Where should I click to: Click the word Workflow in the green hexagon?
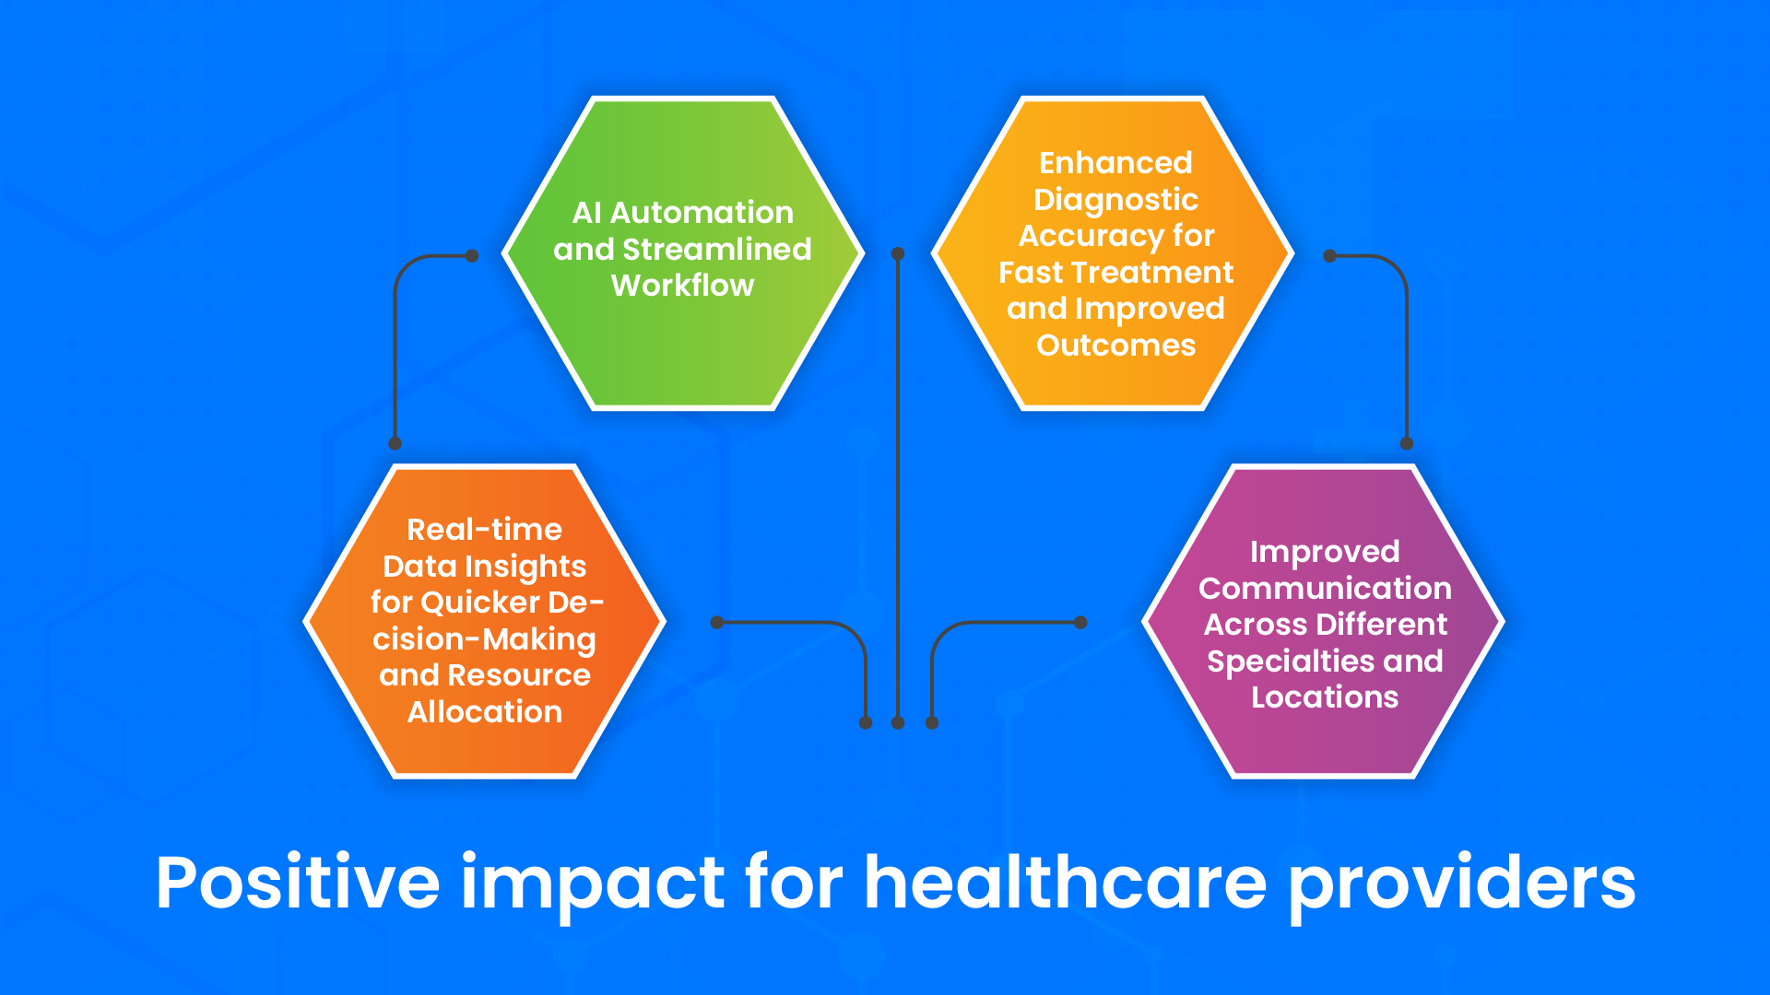[x=682, y=286]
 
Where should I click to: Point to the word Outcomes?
[x=1115, y=345]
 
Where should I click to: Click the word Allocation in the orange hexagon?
[x=485, y=712]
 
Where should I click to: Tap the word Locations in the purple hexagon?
[x=1325, y=697]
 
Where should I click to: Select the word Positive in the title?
[x=298, y=883]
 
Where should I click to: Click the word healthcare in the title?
[x=1065, y=883]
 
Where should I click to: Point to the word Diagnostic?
[x=1115, y=199]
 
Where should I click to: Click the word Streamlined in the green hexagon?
[x=716, y=249]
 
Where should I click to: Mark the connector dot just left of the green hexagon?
[x=472, y=256]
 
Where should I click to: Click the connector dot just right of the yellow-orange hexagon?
[x=1329, y=256]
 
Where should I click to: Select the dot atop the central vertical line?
[x=898, y=253]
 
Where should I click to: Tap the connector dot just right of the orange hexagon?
[x=717, y=623]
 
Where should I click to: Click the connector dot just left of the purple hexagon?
[x=1081, y=623]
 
